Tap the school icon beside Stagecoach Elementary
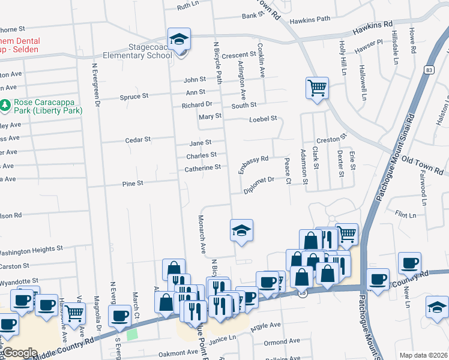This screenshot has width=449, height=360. click(x=179, y=40)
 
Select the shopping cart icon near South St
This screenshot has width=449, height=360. click(x=316, y=88)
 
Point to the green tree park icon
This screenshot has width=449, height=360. click(x=5, y=106)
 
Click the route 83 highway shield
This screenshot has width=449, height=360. click(x=427, y=70)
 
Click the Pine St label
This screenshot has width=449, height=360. click(x=132, y=183)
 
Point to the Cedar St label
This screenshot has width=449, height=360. click(x=137, y=139)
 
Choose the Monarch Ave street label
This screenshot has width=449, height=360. click(x=203, y=233)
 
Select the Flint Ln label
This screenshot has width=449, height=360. click(x=406, y=214)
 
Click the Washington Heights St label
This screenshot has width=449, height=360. click(x=31, y=250)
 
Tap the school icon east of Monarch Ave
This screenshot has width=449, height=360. click(x=241, y=231)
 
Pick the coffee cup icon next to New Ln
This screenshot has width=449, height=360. click(x=409, y=263)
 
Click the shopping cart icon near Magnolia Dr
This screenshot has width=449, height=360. click(x=74, y=312)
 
